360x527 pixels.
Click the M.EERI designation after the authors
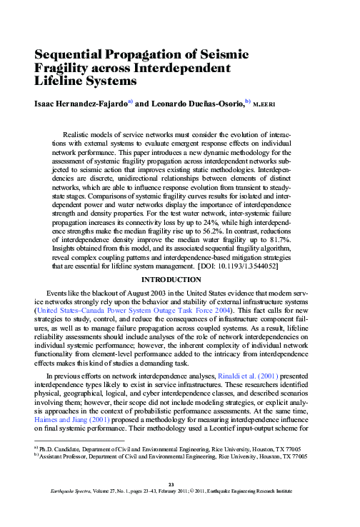click(265, 104)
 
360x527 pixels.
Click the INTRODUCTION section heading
click(179, 281)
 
